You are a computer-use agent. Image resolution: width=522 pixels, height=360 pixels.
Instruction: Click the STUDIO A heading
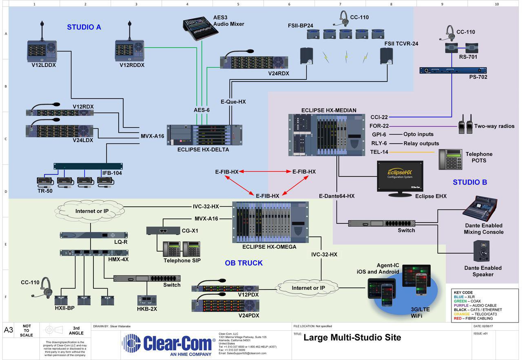pyautogui.click(x=84, y=27)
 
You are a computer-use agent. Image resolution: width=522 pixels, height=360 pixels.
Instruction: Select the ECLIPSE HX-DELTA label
pyautogui.click(x=203, y=150)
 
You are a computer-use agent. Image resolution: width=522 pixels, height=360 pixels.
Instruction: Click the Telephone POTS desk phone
pyautogui.click(x=449, y=159)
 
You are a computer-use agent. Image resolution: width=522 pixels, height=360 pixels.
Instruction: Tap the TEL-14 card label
pyautogui.click(x=378, y=152)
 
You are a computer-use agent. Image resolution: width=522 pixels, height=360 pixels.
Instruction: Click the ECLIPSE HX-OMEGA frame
pyautogui.click(x=270, y=222)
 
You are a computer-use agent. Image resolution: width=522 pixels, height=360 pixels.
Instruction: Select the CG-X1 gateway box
pyautogui.click(x=163, y=230)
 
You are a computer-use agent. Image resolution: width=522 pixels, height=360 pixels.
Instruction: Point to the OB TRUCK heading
pyautogui.click(x=243, y=263)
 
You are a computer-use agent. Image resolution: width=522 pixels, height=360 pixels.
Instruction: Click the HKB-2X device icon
pyautogui.click(x=147, y=300)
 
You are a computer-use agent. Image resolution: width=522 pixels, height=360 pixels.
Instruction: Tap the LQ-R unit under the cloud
pyautogui.click(x=94, y=235)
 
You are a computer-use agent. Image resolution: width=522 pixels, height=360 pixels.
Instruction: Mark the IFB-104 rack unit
pyautogui.click(x=88, y=166)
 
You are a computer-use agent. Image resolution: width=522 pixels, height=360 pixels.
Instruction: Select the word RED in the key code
pyautogui.click(x=458, y=318)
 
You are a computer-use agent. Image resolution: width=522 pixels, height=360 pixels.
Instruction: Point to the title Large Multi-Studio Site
pyautogui.click(x=352, y=338)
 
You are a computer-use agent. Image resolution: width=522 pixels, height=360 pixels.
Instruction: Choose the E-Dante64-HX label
pyautogui.click(x=337, y=196)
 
